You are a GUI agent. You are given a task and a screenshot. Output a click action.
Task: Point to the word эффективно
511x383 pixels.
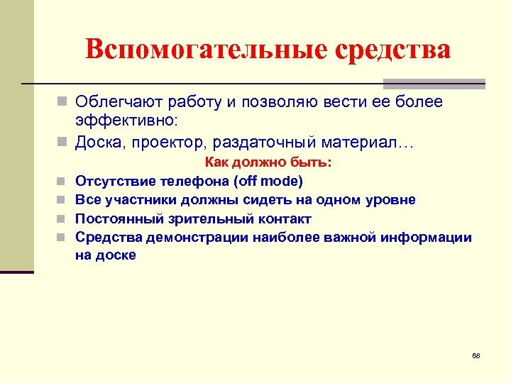coord(128,121)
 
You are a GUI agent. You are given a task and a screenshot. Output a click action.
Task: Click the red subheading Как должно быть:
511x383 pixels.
coord(268,162)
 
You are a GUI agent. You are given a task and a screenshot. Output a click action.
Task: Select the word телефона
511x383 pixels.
coord(192,181)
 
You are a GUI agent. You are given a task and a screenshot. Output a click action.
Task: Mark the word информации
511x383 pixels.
coord(429,237)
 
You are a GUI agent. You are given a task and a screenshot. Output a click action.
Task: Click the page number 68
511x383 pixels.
coord(476,355)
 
